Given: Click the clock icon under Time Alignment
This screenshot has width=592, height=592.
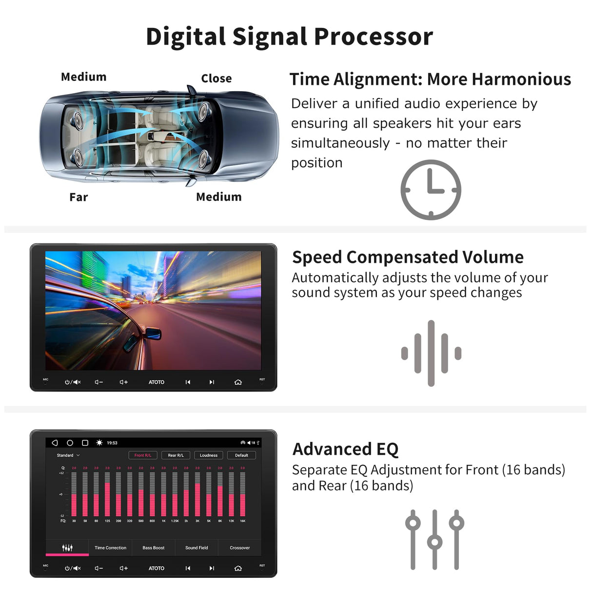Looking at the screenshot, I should (431, 190).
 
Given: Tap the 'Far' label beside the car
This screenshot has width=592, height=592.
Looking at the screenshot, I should (79, 197).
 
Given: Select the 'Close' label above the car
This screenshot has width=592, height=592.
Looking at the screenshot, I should (216, 79).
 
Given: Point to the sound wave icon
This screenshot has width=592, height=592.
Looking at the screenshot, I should (431, 353).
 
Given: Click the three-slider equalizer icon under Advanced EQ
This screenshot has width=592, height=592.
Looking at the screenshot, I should (434, 539).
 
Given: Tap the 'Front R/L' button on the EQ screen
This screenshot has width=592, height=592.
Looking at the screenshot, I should (143, 455).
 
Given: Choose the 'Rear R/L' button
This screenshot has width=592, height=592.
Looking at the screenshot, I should (176, 455).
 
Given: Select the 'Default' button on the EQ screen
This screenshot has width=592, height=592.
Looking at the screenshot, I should (241, 455).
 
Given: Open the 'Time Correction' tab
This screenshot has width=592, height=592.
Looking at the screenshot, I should (110, 548).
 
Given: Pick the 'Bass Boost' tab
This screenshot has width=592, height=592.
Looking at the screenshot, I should (153, 548).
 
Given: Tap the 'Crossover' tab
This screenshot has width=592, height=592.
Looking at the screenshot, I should (239, 548).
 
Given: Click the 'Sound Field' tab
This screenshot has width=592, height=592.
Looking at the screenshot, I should (197, 548).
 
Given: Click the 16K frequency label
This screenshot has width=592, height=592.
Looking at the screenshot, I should (242, 521).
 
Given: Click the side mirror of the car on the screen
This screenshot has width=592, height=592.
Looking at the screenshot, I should (153, 334).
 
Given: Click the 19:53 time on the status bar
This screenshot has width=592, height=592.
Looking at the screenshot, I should (112, 443).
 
